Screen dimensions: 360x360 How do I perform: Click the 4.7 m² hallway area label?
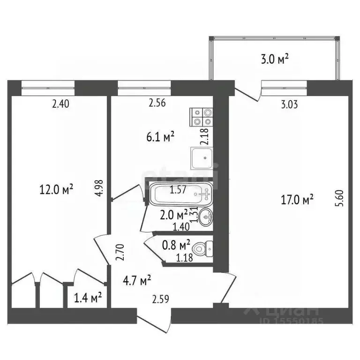click(136, 280)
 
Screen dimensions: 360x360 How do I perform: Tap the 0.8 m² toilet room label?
click(175, 244)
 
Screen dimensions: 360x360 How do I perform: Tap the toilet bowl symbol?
click(204, 247)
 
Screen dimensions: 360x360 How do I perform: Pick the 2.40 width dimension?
click(61, 105)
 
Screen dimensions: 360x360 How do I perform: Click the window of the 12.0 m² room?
click(48, 85)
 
